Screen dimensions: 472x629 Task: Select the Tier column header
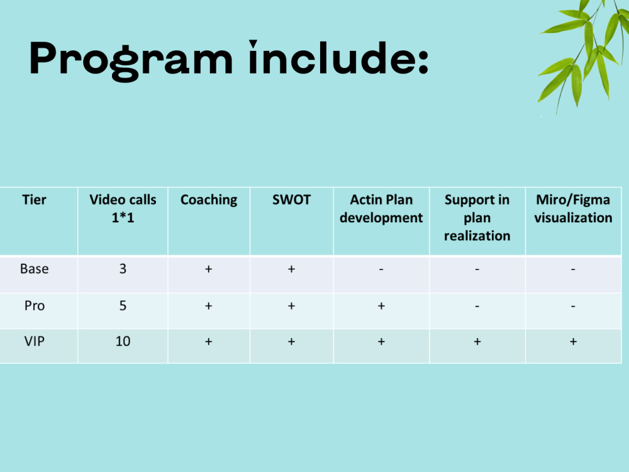[x=34, y=200]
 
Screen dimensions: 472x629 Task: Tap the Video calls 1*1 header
[x=123, y=209]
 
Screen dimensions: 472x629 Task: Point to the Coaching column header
[x=209, y=200]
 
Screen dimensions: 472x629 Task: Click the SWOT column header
[x=291, y=200]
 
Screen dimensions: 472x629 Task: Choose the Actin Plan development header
[x=381, y=209]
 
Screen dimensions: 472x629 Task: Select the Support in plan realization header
[x=477, y=218]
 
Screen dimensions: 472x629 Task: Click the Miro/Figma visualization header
[x=573, y=209]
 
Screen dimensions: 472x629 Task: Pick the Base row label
[x=34, y=269]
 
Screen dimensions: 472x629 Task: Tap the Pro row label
[x=34, y=306]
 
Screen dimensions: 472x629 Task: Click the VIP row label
[x=34, y=341]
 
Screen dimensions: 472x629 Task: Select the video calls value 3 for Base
[x=123, y=269]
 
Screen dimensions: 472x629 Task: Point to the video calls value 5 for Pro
[x=123, y=306]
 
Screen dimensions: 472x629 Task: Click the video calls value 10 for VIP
[x=123, y=341]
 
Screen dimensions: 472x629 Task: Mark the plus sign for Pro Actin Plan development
[x=381, y=306]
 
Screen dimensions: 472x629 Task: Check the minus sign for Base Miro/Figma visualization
[x=573, y=269]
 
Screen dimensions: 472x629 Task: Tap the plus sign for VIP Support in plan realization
[x=477, y=342]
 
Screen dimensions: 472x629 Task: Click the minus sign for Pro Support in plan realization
[x=477, y=306]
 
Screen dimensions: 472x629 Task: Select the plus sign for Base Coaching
[x=209, y=269]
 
